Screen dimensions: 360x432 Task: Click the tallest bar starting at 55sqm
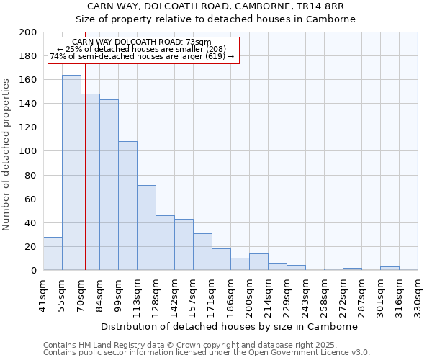coord(71,173)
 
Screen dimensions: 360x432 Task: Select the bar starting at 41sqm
coord(53,253)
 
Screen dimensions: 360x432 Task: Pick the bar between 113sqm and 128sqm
coord(146,228)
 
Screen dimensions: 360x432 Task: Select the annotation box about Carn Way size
coord(143,49)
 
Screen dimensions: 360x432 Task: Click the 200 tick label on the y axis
coord(28,32)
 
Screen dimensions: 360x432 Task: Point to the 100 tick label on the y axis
coord(28,151)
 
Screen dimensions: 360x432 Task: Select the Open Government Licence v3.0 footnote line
coord(207,353)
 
